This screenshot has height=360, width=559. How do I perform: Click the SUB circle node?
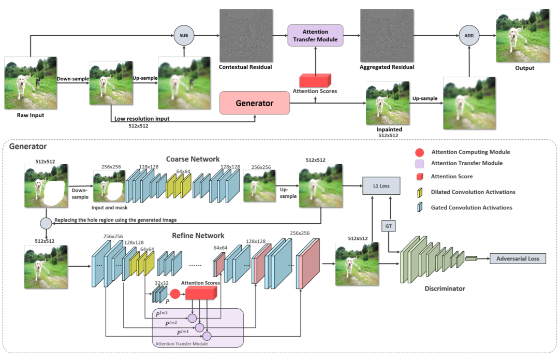tap(183, 35)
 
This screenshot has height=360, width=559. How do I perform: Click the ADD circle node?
tap(469, 36)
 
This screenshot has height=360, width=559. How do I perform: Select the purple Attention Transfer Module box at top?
tap(315, 35)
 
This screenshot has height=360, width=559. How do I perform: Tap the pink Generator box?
tap(254, 103)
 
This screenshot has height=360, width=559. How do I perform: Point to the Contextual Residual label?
tap(245, 67)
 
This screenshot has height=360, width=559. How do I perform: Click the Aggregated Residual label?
tap(387, 67)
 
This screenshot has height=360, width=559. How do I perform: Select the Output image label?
tap(524, 68)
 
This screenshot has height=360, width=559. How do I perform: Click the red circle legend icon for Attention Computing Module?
tap(419, 152)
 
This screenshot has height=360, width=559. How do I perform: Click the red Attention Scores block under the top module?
tap(315, 80)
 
